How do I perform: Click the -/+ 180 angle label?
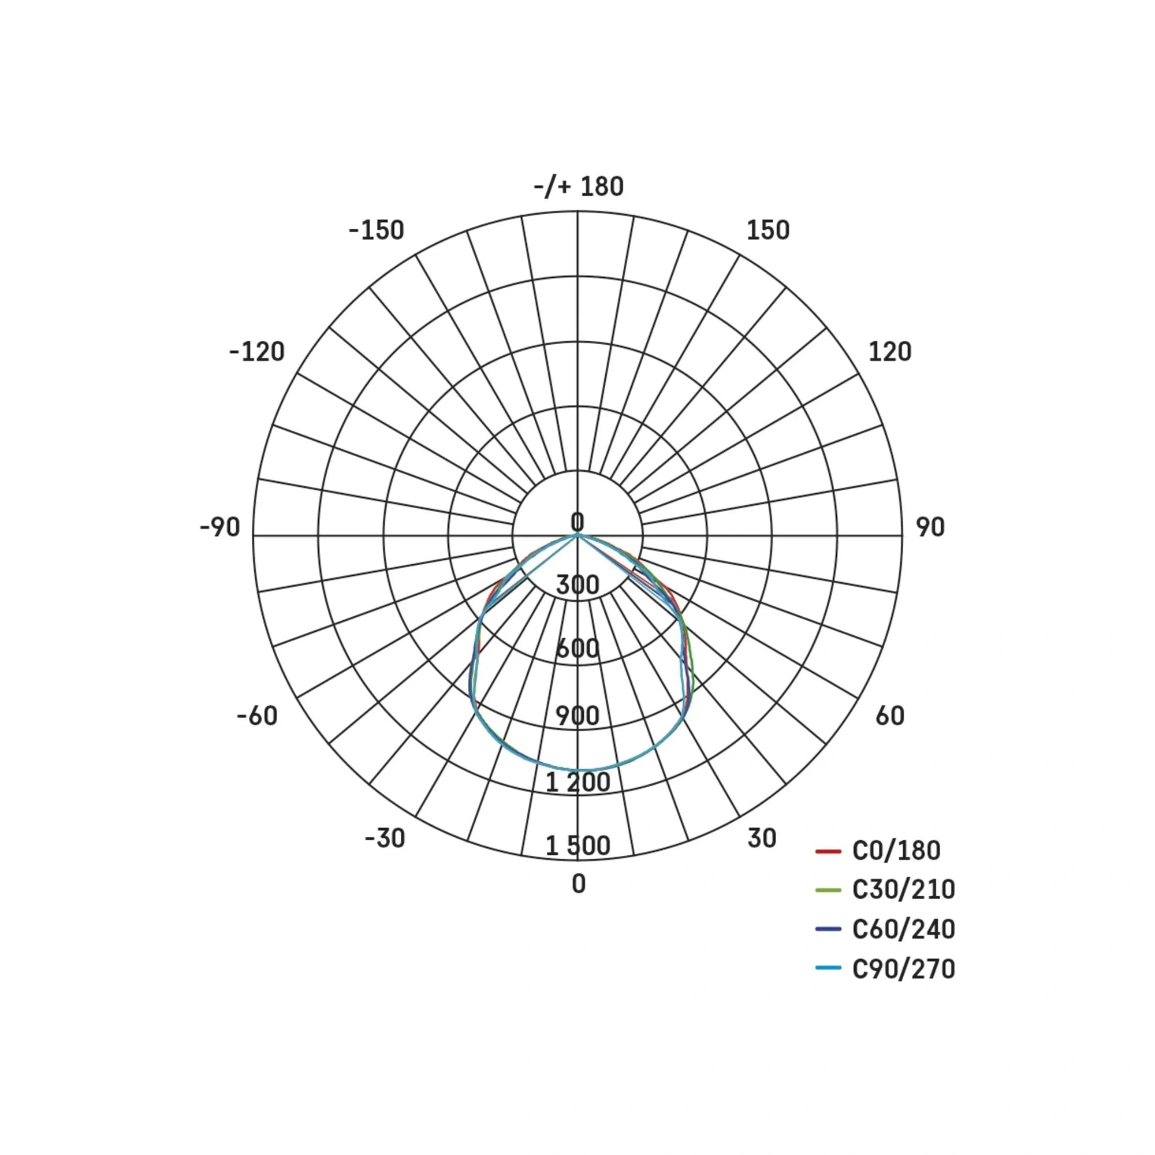[578, 187]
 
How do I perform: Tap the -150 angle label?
[377, 230]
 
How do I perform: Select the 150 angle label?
[767, 230]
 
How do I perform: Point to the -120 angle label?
[256, 352]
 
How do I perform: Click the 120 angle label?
[889, 352]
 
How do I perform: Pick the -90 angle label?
[220, 527]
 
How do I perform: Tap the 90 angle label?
[930, 527]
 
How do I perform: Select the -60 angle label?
[257, 716]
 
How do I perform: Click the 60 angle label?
[889, 716]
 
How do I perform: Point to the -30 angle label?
[385, 838]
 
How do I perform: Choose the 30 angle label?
[762, 838]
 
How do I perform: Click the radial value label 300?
[577, 584]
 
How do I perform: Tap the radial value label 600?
[577, 649]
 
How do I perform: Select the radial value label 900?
[577, 716]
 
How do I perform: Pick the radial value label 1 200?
[577, 782]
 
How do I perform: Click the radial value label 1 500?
[577, 845]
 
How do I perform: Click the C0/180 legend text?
[896, 851]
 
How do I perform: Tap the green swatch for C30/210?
[828, 891]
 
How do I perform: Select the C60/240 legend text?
[903, 929]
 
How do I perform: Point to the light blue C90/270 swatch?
[828, 968]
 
